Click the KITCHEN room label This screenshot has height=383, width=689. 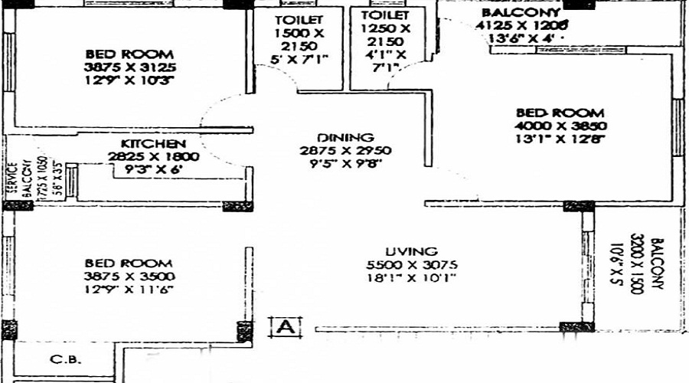153,143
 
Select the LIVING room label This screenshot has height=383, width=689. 412,251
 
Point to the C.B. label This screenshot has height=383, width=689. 66,359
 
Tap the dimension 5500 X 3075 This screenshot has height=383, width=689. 412,264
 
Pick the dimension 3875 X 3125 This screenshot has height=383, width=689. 130,67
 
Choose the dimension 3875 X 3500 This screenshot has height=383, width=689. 130,276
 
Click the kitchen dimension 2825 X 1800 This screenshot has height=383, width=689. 153,157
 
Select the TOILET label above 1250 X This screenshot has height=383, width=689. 385,15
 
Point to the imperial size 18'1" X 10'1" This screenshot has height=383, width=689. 412,277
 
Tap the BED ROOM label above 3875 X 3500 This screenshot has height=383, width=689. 129,262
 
